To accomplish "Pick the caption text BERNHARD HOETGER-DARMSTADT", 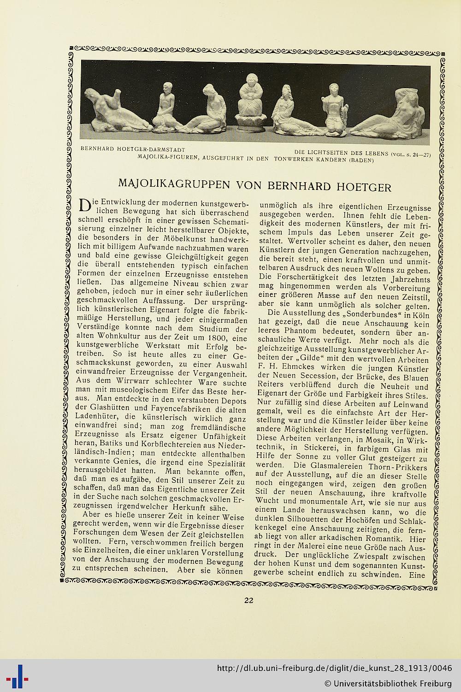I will (x=133, y=149).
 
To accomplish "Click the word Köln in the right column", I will (x=420, y=315).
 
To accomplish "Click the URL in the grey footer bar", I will (x=334, y=668).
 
